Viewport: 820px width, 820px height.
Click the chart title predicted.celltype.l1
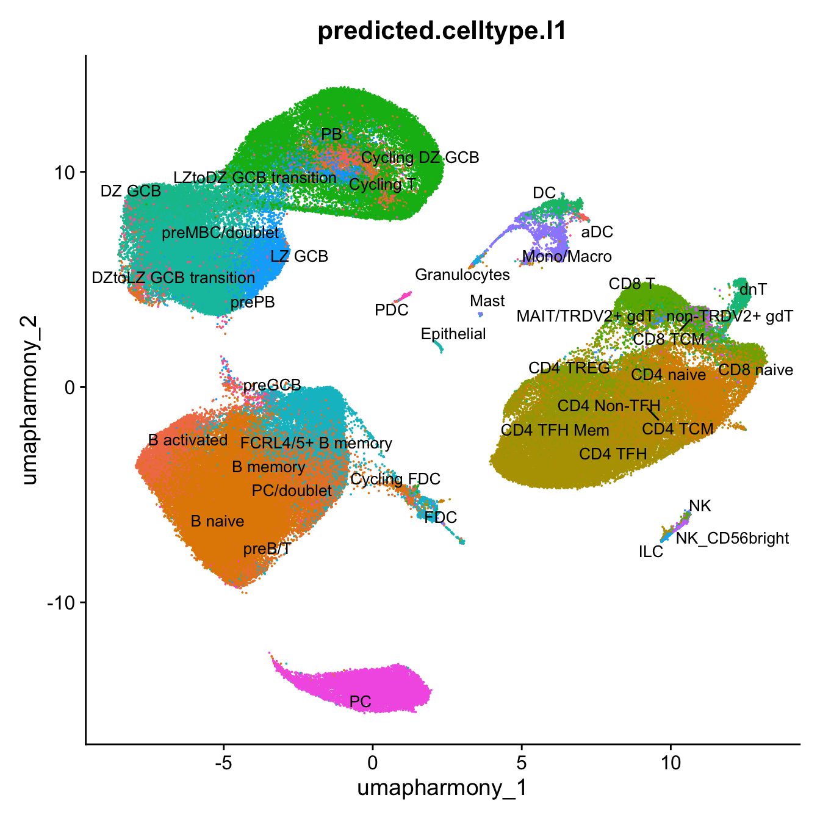(x=442, y=31)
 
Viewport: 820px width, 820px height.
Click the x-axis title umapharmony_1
(x=442, y=788)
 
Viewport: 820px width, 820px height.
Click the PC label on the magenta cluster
(x=361, y=702)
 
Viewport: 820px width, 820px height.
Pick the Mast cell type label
(x=487, y=301)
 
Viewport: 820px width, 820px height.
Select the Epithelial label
(x=453, y=334)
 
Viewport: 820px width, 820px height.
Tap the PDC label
(x=391, y=310)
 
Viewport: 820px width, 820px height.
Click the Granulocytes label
(x=462, y=275)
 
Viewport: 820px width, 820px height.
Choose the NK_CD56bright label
(x=732, y=538)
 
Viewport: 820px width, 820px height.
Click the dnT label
(x=753, y=289)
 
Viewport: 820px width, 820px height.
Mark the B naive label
(x=217, y=521)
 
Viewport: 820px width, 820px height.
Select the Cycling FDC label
(x=395, y=479)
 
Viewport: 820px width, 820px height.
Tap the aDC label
(x=597, y=232)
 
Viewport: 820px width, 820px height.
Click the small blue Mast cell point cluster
(x=480, y=314)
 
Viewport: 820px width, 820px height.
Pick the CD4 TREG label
(x=569, y=368)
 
